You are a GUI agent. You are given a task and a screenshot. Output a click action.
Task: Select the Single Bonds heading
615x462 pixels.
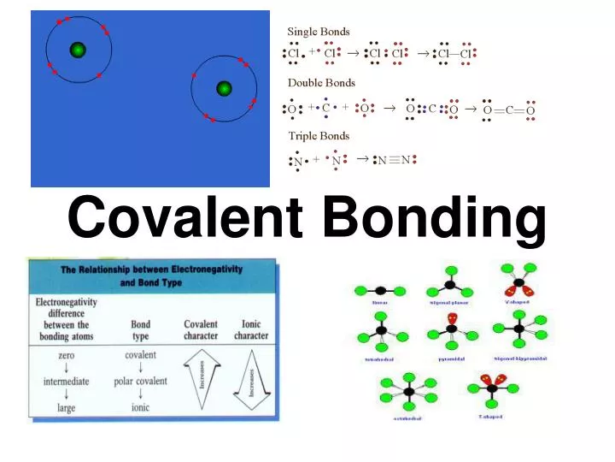[x=319, y=33]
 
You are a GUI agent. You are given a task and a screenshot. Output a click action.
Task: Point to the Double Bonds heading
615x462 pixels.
[x=321, y=83]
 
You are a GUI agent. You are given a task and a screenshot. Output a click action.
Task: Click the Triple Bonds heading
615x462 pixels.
[x=319, y=136]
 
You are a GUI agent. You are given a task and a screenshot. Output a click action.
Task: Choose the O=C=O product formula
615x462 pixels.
[x=509, y=110]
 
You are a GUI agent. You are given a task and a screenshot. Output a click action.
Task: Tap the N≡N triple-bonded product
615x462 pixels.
[x=394, y=160]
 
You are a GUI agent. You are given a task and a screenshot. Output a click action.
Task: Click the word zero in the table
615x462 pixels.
[x=65, y=354]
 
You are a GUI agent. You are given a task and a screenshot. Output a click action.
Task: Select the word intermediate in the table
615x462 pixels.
[x=66, y=381]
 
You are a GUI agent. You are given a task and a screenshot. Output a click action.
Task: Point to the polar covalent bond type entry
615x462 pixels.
[x=140, y=381]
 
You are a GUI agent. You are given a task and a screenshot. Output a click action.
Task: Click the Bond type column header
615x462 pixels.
[x=140, y=330]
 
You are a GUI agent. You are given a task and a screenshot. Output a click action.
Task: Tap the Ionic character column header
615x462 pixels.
[x=251, y=330]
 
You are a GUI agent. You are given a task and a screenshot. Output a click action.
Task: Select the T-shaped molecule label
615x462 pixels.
[x=492, y=417]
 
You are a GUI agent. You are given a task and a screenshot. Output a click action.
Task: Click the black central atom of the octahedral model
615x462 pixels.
[x=409, y=393]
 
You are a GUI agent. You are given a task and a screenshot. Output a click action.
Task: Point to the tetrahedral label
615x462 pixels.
[x=378, y=359]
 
